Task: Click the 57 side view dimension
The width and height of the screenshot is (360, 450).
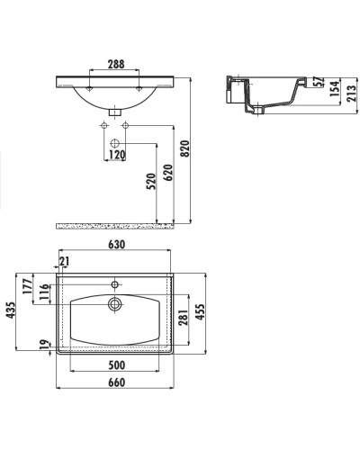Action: coord(319,82)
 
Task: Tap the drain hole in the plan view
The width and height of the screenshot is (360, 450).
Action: coord(114,304)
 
